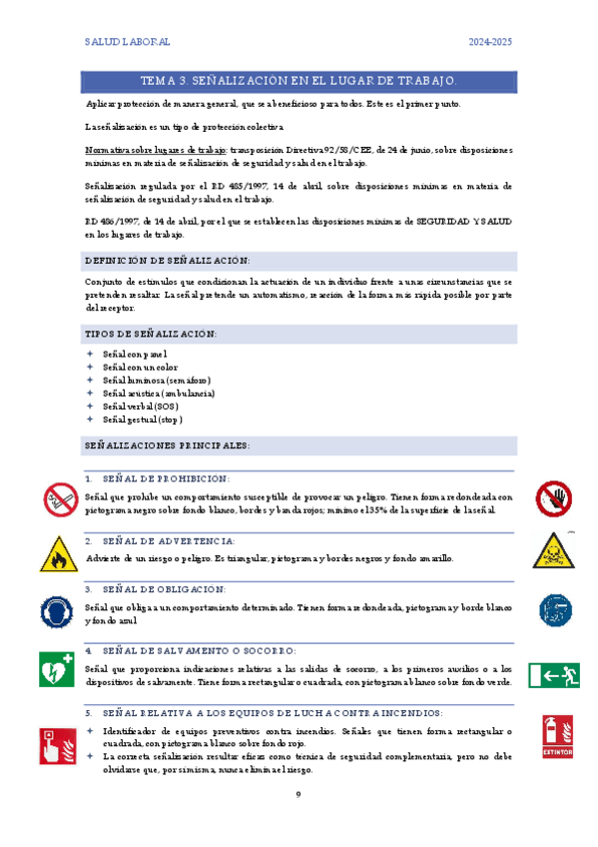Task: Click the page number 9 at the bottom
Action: [299, 794]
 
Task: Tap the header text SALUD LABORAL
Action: [128, 42]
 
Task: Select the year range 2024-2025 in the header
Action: [490, 42]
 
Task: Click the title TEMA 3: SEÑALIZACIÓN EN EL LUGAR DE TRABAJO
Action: [299, 80]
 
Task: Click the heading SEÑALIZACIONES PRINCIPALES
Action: [168, 443]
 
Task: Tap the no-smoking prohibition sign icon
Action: [60, 497]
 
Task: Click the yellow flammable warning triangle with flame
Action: [60, 553]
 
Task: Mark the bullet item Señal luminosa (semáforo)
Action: [157, 381]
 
